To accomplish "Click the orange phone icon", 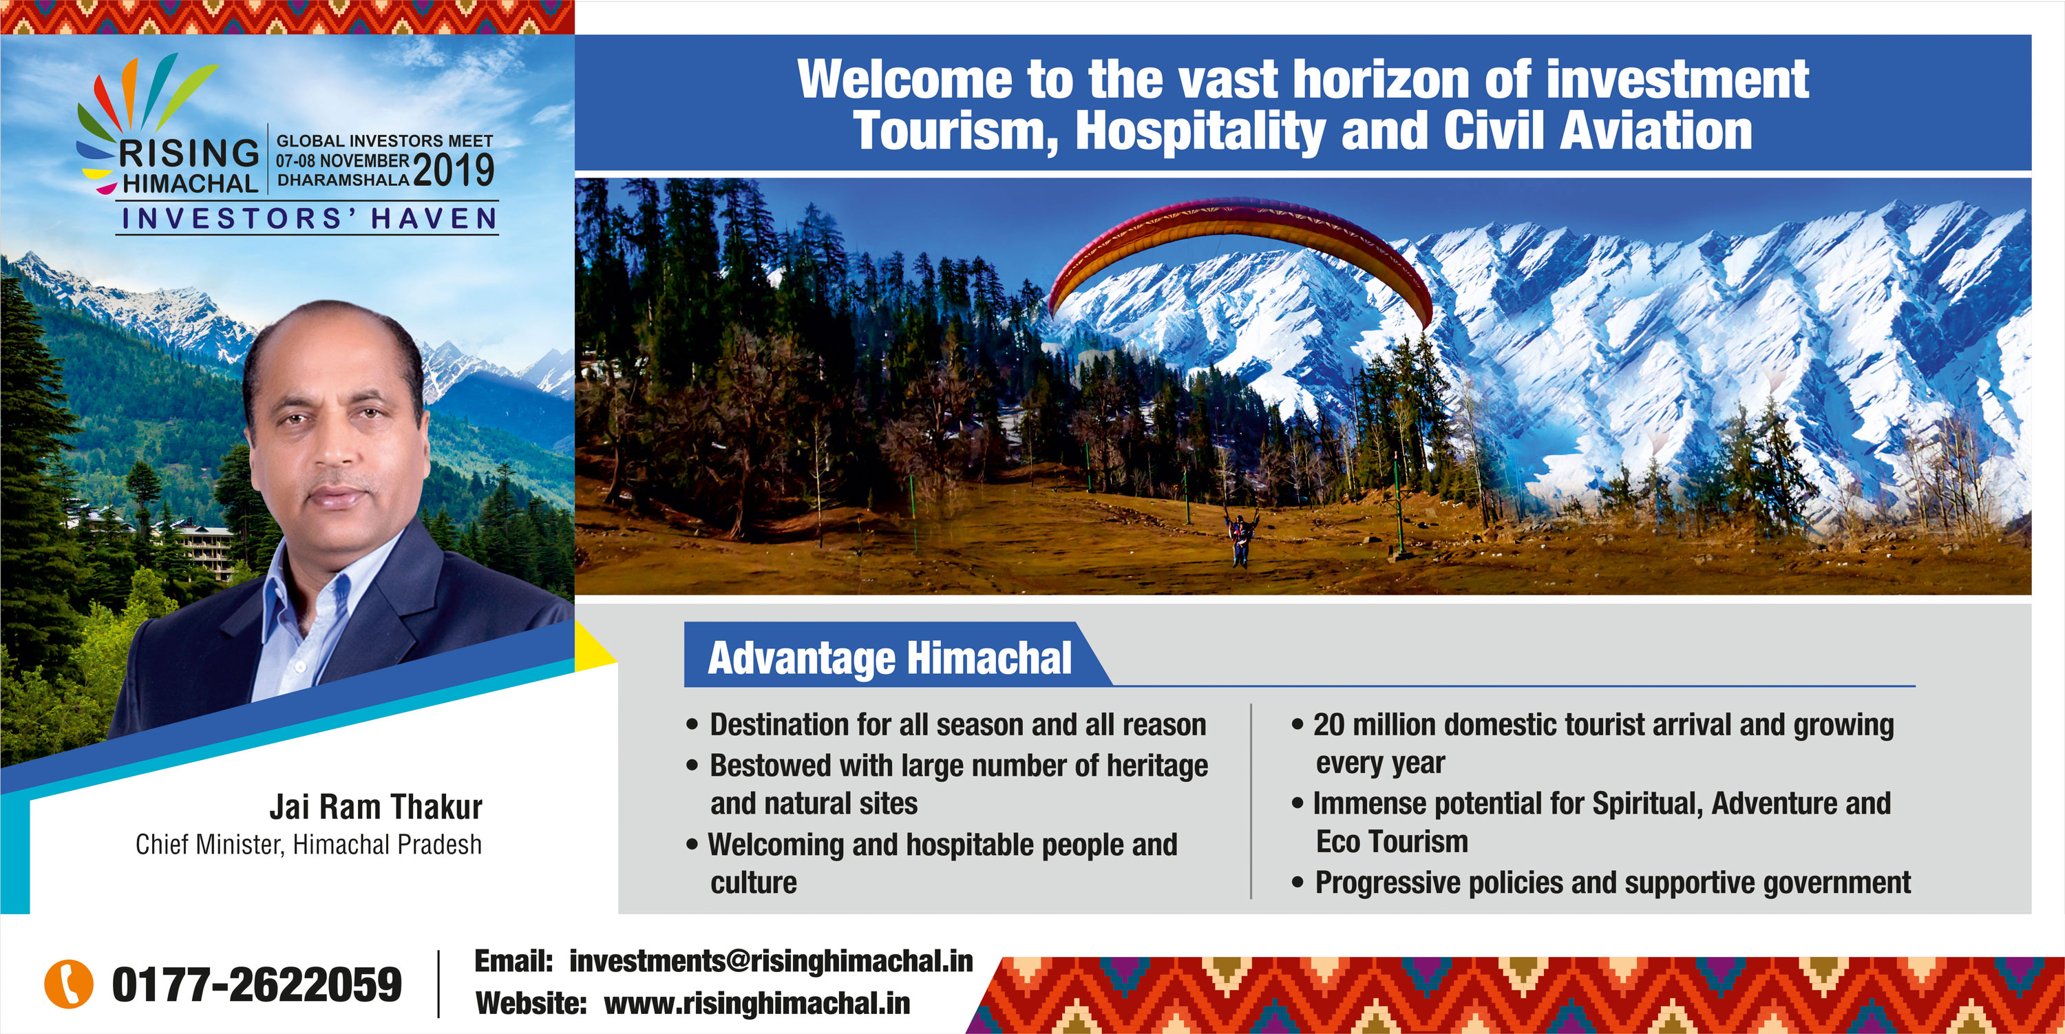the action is (x=68, y=984).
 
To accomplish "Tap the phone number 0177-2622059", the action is (x=257, y=984).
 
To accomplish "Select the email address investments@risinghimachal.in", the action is (x=771, y=960).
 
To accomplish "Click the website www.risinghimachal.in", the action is (x=756, y=1003).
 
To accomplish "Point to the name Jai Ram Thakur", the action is (x=376, y=807).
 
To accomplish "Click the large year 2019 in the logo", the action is (x=454, y=170).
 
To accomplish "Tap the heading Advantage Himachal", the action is (x=890, y=658).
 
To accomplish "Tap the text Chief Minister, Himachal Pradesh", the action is (x=308, y=845).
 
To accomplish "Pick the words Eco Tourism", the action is (x=1392, y=842).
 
